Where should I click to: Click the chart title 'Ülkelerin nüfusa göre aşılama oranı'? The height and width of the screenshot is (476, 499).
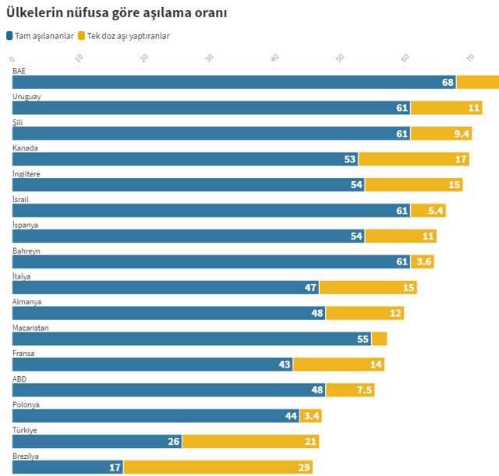pyautogui.click(x=116, y=13)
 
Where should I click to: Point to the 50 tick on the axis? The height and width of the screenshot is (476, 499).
pyautogui.click(x=340, y=58)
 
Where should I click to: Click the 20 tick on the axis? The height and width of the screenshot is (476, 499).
pyautogui.click(x=144, y=58)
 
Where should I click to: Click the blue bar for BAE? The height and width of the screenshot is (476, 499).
pyautogui.click(x=234, y=82)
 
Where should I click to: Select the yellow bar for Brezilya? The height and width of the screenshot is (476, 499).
pyautogui.click(x=218, y=467)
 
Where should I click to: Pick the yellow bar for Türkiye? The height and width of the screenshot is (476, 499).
pyautogui.click(x=250, y=442)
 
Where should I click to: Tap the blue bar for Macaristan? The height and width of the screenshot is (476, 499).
pyautogui.click(x=191, y=339)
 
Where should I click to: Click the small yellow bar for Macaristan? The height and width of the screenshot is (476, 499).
pyautogui.click(x=379, y=339)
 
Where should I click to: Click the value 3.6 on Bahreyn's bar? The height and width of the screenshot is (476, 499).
pyautogui.click(x=424, y=261)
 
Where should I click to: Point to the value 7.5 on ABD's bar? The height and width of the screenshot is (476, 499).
pyautogui.click(x=364, y=390)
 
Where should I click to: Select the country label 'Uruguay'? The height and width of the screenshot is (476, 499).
pyautogui.click(x=27, y=96)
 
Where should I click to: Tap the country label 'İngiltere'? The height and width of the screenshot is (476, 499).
pyautogui.click(x=26, y=173)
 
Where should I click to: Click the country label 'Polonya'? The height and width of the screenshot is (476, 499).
pyautogui.click(x=26, y=404)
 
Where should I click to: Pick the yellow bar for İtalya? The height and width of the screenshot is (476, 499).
pyautogui.click(x=367, y=287)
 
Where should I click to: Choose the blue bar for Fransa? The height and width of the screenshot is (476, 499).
pyautogui.click(x=152, y=364)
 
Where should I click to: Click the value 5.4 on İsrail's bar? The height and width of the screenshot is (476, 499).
pyautogui.click(x=437, y=211)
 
